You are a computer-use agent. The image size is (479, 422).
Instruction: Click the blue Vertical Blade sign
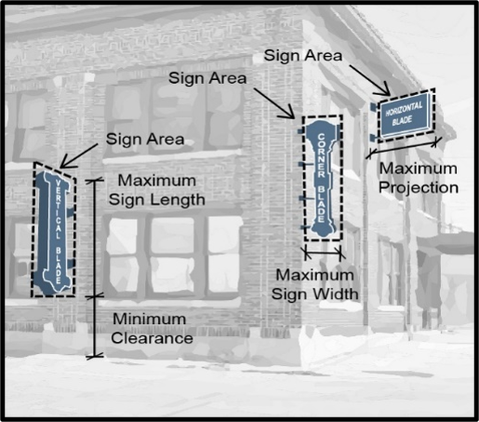(x=54, y=232)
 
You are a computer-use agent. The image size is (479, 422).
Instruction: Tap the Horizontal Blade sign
(x=403, y=116)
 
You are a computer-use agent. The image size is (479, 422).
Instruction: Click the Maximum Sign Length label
(x=157, y=190)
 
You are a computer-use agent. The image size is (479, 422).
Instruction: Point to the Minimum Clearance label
(x=152, y=329)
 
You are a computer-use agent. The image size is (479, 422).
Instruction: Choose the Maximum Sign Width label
(x=315, y=284)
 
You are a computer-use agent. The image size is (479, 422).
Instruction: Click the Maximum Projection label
(x=419, y=178)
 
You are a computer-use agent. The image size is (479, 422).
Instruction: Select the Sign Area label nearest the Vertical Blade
(x=145, y=139)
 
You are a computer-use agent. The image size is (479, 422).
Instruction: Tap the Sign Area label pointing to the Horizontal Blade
(x=303, y=56)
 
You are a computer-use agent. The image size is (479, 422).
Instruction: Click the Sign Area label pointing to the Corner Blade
(x=207, y=78)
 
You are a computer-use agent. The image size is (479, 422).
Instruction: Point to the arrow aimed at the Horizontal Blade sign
(x=369, y=80)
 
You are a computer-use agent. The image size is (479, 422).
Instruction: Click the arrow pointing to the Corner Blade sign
(x=273, y=103)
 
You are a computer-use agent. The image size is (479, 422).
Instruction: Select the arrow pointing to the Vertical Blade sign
(x=78, y=156)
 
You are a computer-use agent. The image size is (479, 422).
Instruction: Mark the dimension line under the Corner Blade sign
(x=324, y=253)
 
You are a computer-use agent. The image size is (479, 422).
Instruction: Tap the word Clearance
(x=152, y=338)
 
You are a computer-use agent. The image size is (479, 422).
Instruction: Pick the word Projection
(x=419, y=188)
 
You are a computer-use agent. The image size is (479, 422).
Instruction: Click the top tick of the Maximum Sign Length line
(x=94, y=180)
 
